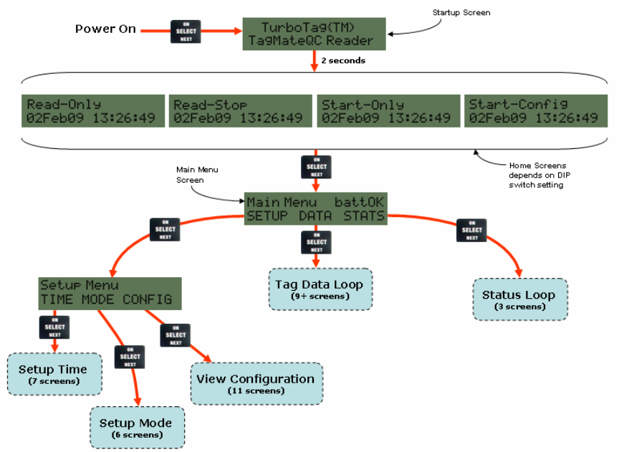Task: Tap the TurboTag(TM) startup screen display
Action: click(x=315, y=33)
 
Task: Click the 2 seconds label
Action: click(x=342, y=61)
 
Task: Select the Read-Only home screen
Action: click(x=92, y=110)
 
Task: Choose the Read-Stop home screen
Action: click(x=239, y=110)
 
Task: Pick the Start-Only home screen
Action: click(x=387, y=110)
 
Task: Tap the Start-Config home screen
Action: click(x=534, y=110)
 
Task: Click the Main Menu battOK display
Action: click(x=315, y=208)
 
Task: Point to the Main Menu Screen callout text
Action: click(x=197, y=174)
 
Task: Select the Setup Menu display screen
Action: click(x=106, y=292)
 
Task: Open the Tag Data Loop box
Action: click(x=319, y=289)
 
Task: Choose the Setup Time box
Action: click(x=53, y=374)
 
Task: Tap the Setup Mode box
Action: click(x=135, y=428)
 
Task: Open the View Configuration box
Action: click(x=256, y=383)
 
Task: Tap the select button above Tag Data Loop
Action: click(x=317, y=242)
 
